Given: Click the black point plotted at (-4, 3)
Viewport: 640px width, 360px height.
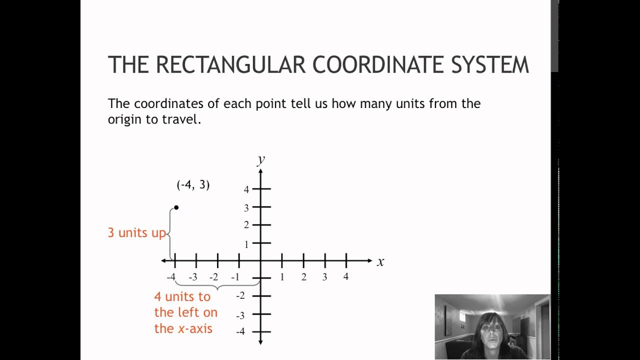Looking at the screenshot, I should point(176,207).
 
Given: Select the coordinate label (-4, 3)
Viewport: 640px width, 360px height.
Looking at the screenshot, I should point(193,185).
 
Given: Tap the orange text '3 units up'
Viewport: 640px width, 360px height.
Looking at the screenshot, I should point(136,233).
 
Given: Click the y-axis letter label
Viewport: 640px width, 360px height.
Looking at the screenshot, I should point(260,159).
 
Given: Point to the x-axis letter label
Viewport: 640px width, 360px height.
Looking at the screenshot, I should point(380,262).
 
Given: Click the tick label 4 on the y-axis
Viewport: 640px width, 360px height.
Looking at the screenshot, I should point(246,189).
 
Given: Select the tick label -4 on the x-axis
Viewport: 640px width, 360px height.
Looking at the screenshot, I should point(171,277).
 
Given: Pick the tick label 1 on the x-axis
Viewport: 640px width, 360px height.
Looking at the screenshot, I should point(282,277).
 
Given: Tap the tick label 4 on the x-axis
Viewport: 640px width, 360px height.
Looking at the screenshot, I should point(346,276).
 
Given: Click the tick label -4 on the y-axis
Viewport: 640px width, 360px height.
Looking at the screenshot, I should point(240,331).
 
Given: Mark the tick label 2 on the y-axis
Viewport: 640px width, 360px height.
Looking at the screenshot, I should point(246,225).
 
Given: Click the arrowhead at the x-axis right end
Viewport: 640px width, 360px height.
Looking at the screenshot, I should point(369,260).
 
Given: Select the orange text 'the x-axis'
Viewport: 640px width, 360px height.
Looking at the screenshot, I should point(183,328).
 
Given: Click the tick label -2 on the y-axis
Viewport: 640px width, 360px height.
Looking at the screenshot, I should point(240,295).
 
